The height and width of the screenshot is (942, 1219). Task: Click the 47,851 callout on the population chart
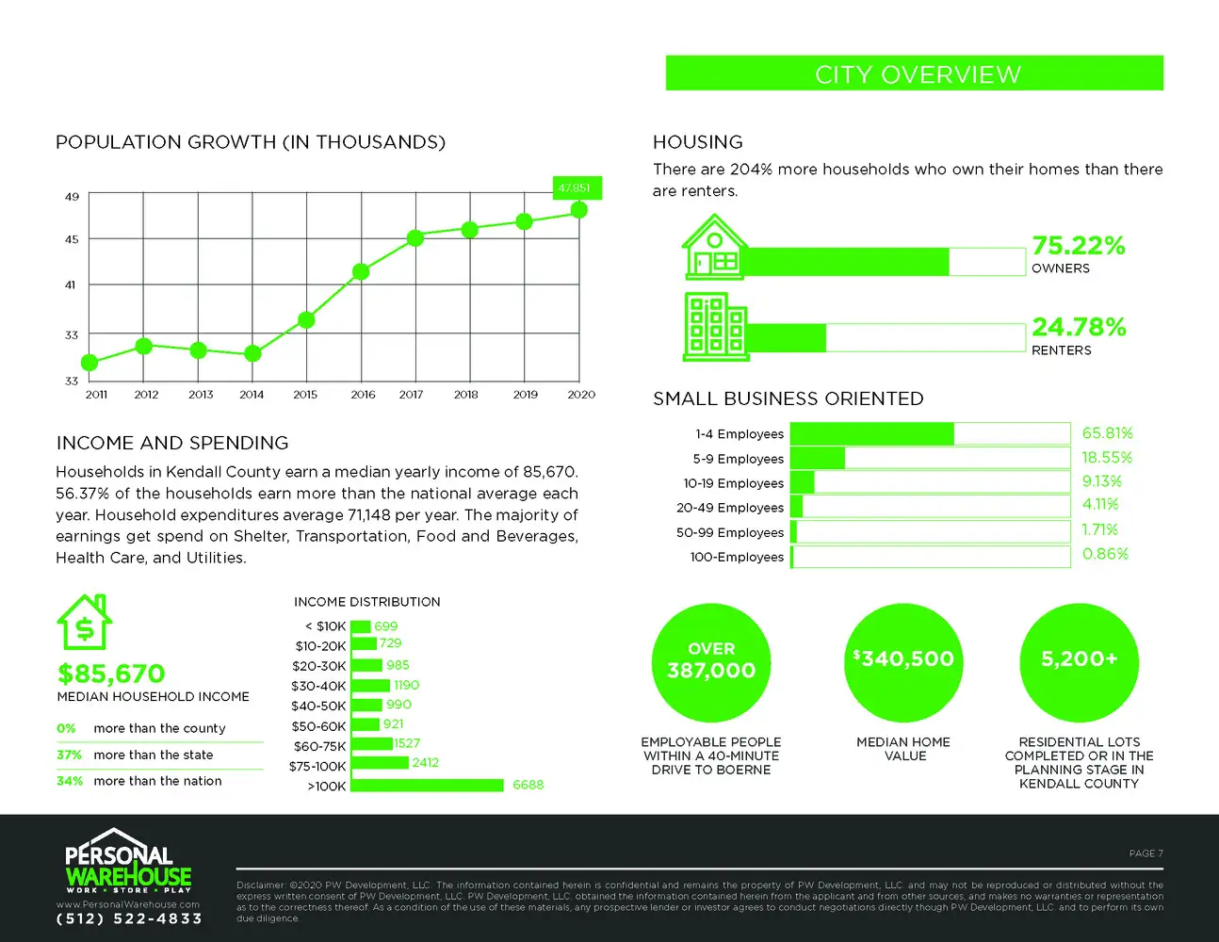(577, 187)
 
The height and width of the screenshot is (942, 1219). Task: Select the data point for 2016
(361, 272)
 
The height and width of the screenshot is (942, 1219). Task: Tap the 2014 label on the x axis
(252, 395)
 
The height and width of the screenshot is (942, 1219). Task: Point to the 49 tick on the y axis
(72, 197)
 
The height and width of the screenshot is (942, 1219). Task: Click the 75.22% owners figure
(1079, 246)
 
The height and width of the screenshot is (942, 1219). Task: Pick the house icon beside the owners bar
(713, 247)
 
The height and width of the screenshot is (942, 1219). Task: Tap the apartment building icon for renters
(716, 326)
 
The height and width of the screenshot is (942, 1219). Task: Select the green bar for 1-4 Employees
(871, 434)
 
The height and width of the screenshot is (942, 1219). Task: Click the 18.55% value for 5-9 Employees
(1107, 458)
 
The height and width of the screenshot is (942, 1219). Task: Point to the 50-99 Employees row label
(730, 532)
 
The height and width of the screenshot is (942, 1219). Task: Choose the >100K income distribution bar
(427, 785)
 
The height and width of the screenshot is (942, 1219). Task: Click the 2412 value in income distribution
(425, 763)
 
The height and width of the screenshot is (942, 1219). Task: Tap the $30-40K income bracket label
(318, 687)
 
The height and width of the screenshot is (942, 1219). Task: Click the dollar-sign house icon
(85, 622)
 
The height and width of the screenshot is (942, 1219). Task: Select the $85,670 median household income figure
(111, 674)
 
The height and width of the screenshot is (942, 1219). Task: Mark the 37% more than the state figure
(69, 755)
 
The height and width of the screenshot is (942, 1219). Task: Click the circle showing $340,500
(903, 663)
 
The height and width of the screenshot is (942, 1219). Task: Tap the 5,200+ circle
(1080, 663)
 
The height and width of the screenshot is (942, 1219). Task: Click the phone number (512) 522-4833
(129, 919)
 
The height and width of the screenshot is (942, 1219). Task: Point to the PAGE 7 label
(1146, 853)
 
